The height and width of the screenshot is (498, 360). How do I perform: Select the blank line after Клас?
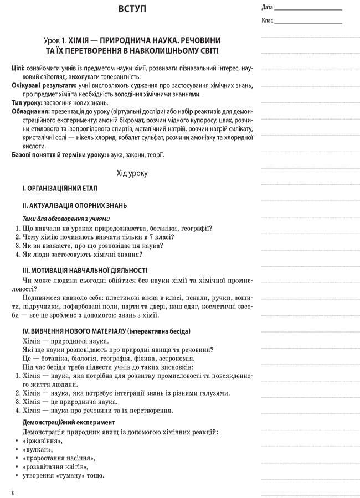click(x=308, y=22)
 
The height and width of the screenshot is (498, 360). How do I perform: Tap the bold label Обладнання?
click(x=31, y=112)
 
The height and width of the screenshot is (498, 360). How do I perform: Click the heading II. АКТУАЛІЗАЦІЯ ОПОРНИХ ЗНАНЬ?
click(x=74, y=205)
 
